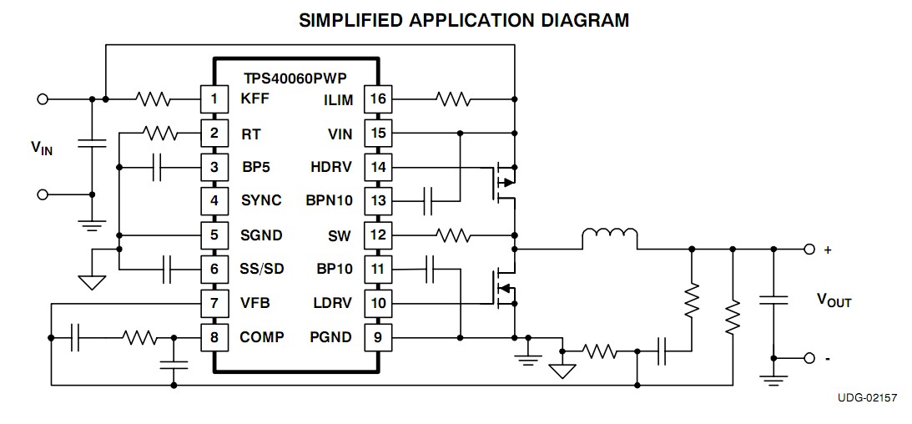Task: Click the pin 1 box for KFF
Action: pos(214,99)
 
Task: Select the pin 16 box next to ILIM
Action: pos(379,99)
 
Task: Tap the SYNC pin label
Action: pos(261,201)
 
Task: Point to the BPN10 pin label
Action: pos(330,201)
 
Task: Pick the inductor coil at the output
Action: pos(609,239)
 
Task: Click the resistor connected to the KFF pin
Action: pos(154,99)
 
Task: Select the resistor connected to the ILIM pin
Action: pos(453,99)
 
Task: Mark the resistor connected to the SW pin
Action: pos(453,235)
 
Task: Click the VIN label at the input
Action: pos(42,149)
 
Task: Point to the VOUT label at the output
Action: pos(834,300)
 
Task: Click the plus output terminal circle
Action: pos(809,249)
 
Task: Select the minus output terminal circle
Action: pos(809,358)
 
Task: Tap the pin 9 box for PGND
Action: pos(379,337)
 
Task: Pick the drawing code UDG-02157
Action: pos(867,398)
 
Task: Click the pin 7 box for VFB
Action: pos(214,303)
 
